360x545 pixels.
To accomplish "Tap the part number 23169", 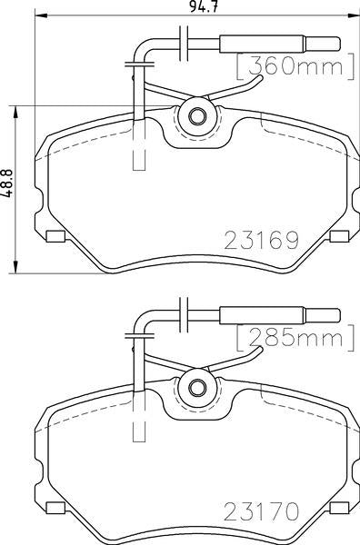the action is pos(262,240).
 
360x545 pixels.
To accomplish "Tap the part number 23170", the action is pos(262,510).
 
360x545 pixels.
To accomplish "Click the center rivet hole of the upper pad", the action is pos(197,116).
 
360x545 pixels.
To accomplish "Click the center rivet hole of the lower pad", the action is pos(197,387).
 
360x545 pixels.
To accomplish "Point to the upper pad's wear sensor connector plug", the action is pos(280,44).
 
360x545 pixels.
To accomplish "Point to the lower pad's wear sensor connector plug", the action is pos(280,315).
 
